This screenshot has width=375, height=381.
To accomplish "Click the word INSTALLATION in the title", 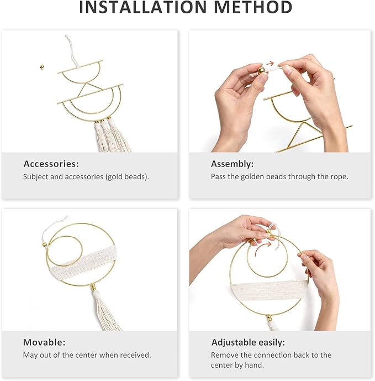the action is [x=143, y=7].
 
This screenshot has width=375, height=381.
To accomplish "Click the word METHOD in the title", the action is [x=253, y=7].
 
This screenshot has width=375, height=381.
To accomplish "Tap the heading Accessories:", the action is [x=51, y=164].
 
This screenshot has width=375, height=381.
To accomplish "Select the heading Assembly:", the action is [x=232, y=164].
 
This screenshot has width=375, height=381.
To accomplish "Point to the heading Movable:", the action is [x=44, y=342].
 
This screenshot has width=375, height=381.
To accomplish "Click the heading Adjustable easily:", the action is [x=248, y=342].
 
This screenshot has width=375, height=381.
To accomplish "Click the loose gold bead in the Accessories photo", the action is [x=42, y=66].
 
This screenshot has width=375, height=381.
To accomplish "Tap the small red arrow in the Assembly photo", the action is [x=270, y=64].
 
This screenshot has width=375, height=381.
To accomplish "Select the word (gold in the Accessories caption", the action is [x=114, y=176].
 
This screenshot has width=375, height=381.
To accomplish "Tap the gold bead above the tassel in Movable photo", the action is [x=93, y=287].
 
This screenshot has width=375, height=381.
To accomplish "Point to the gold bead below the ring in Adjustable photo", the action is [x=268, y=317].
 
